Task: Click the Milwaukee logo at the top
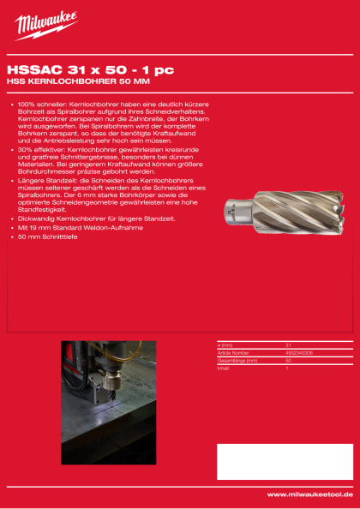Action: (45, 25)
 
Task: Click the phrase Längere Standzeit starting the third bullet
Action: (46, 182)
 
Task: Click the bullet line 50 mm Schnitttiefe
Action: (48, 236)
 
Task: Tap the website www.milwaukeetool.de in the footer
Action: (310, 494)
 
